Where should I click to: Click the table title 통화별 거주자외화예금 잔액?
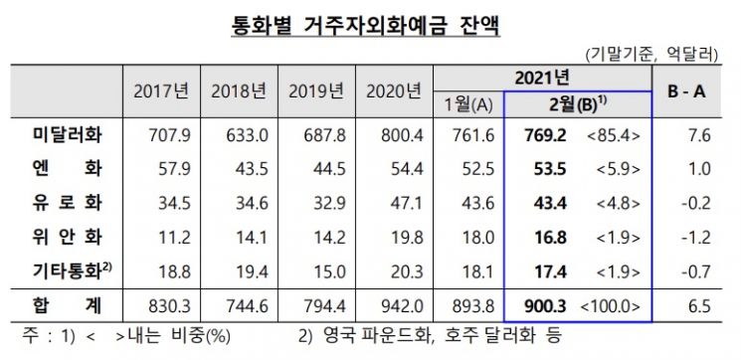365,26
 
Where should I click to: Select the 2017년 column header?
161,91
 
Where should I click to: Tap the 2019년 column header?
316,91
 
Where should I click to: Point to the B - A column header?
686,91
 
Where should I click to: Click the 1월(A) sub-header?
468,106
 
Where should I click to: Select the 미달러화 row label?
67,135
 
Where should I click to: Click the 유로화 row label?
67,203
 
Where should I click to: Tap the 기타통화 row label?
72,271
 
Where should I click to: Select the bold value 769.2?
546,136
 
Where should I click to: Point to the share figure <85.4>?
614,136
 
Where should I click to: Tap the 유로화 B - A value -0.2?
696,204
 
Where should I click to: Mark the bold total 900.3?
546,306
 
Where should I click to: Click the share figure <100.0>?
609,307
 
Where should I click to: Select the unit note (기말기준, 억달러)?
651,55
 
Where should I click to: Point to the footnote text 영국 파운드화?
372,336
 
